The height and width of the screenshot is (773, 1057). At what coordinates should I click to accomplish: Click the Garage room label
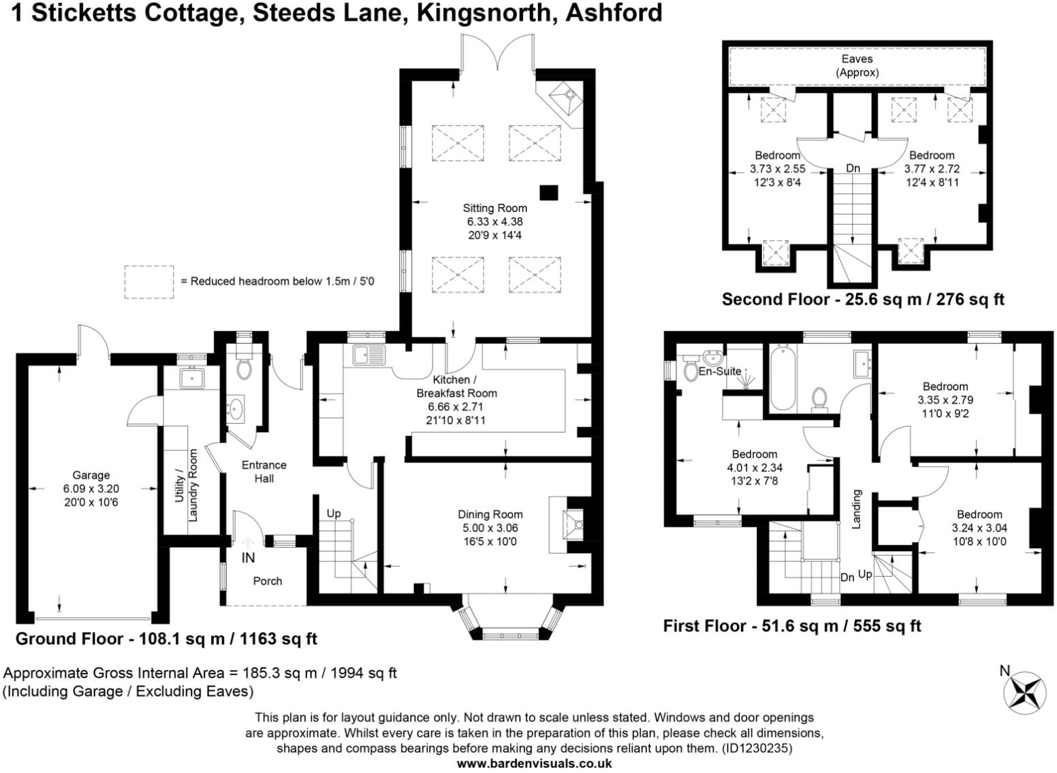(x=91, y=475)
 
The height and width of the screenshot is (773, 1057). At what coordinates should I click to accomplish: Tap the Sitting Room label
(x=494, y=208)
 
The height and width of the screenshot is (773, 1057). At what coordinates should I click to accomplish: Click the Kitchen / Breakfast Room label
(x=456, y=386)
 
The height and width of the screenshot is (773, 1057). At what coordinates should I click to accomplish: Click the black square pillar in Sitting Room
(x=549, y=193)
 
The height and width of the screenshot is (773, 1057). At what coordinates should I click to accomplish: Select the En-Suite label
(x=720, y=371)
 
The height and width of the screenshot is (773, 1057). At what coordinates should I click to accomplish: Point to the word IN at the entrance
(x=248, y=558)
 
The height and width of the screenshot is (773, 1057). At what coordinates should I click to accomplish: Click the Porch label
(x=268, y=581)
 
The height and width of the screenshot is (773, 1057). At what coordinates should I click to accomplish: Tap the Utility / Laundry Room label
(x=186, y=485)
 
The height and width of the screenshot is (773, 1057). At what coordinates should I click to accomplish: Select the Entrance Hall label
(x=264, y=471)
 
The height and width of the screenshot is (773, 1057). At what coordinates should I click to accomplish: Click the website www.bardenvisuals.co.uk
(x=534, y=763)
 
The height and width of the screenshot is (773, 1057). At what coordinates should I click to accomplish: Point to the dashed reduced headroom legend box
(x=148, y=282)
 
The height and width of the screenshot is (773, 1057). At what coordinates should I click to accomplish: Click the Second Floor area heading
(x=863, y=299)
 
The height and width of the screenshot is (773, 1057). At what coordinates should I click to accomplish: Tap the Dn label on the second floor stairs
(x=853, y=168)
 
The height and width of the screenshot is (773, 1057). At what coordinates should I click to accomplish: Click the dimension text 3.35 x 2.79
(x=945, y=400)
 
